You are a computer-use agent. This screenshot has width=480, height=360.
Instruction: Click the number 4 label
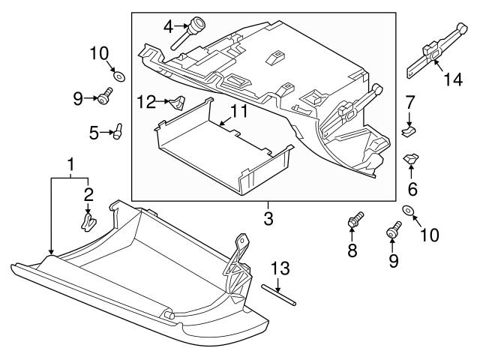168,28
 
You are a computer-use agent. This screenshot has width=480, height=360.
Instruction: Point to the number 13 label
278,268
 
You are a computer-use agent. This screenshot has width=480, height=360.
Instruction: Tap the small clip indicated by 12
178,101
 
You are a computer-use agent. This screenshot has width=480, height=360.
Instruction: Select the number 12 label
145,100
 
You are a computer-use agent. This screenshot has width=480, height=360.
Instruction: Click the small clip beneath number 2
88,220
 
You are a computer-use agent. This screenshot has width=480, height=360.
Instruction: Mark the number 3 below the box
267,220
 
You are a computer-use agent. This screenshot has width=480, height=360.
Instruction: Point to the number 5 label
94,133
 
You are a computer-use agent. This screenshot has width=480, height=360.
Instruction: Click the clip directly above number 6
411,160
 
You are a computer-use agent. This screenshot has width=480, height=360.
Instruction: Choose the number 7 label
410,101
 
